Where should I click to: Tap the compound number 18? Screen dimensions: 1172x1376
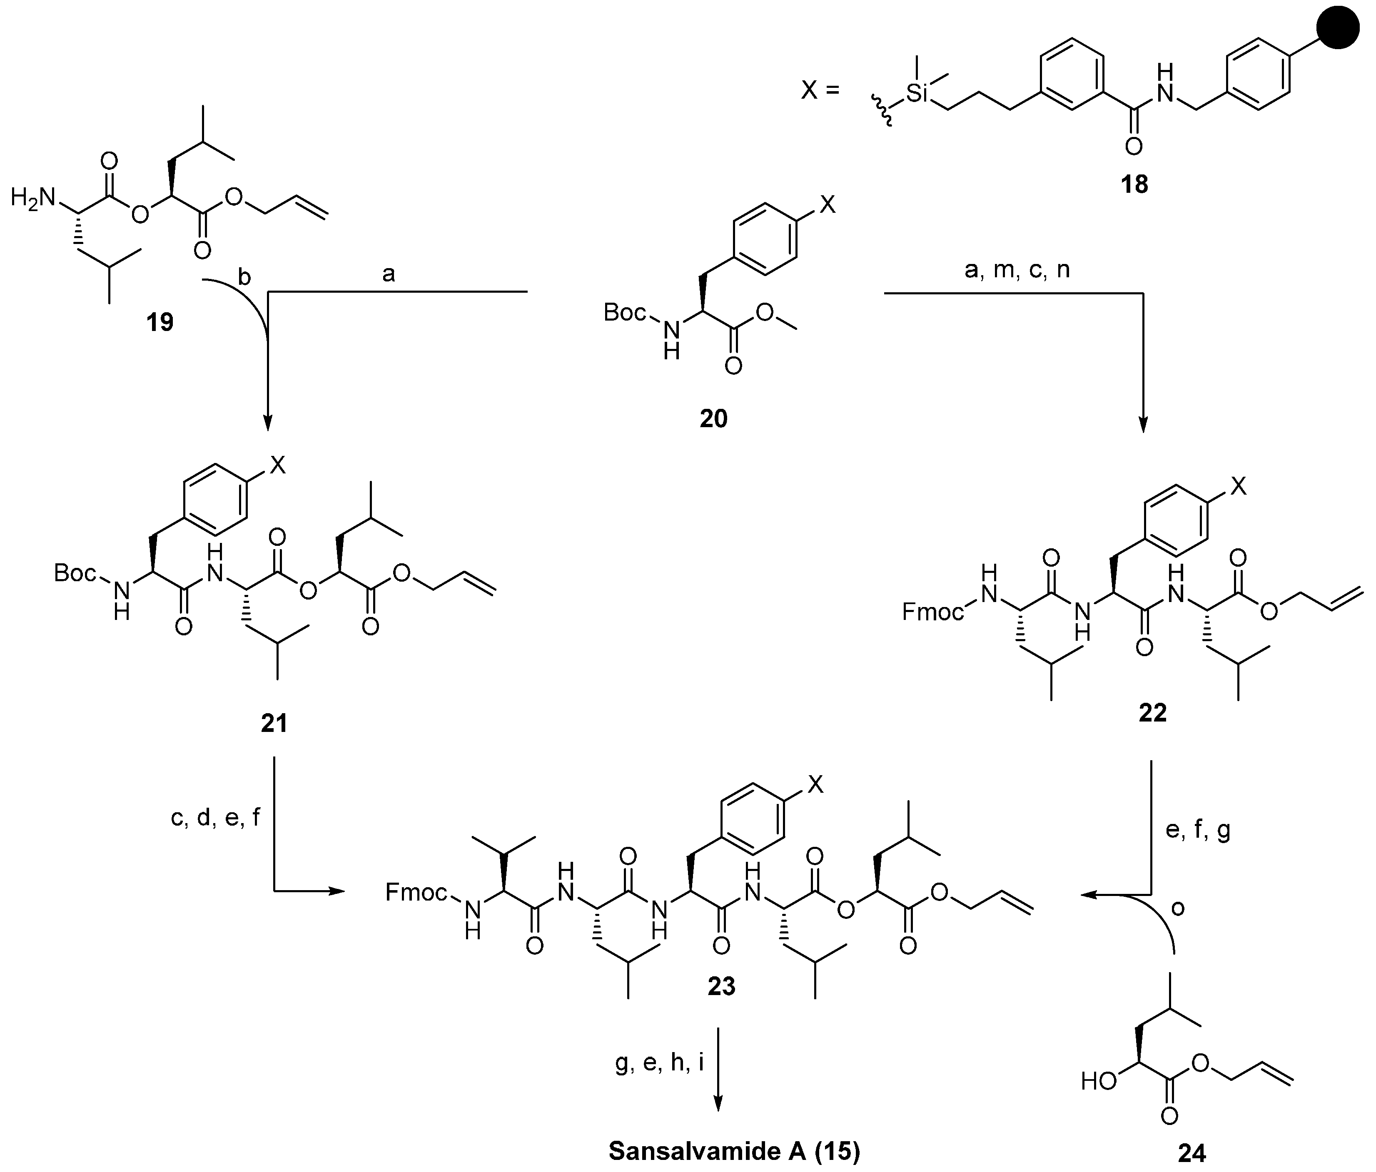(1134, 184)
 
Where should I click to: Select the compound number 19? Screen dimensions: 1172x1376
(160, 322)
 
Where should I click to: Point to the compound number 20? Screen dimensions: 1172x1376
(713, 418)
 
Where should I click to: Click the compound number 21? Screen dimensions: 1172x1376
(274, 722)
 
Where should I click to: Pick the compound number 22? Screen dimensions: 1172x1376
(1152, 712)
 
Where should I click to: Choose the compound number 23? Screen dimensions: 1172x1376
(721, 986)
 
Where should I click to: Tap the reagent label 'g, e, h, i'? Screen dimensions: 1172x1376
(659, 1065)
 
